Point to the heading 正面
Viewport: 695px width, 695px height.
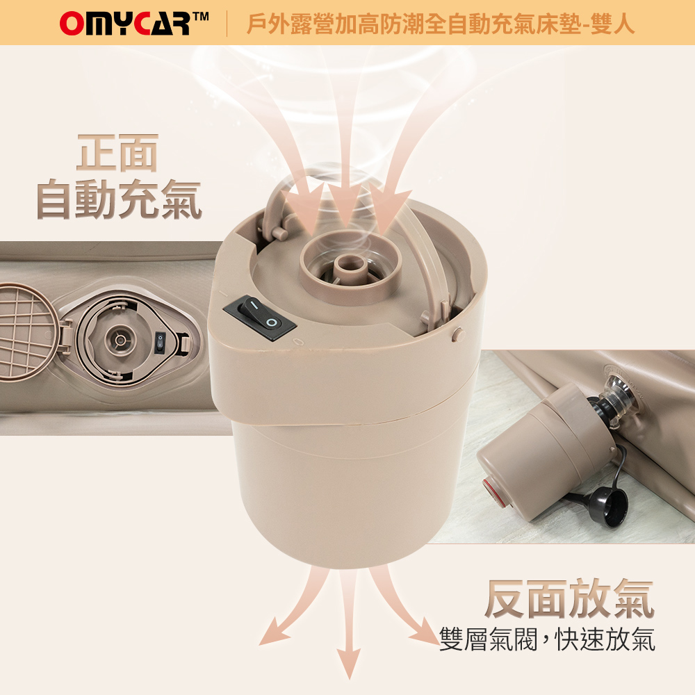(117, 152)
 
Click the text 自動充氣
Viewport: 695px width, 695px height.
(119, 199)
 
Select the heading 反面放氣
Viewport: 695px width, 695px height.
(569, 598)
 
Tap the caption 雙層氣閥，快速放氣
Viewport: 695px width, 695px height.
(547, 639)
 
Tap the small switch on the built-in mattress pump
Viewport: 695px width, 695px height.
(160, 344)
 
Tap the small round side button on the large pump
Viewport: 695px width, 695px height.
(458, 335)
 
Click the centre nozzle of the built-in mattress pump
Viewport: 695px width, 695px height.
(120, 340)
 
